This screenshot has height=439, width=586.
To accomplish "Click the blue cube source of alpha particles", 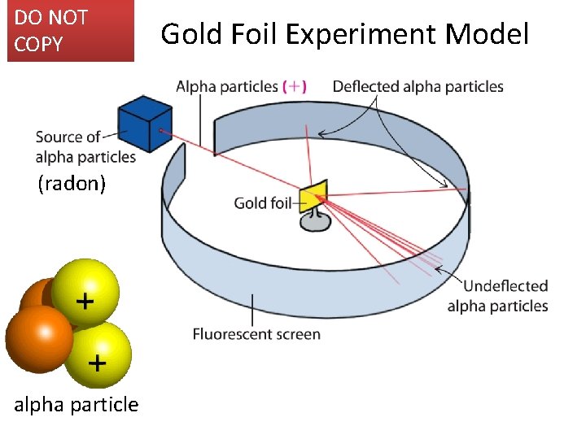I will point(145,124).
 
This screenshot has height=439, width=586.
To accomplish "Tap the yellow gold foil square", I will point(313,197).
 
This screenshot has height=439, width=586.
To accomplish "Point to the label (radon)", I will point(72,184).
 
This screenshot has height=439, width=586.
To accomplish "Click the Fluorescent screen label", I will point(256,333).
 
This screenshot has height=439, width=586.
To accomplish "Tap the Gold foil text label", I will point(262,202).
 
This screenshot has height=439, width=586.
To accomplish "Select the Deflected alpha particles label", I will point(418,86).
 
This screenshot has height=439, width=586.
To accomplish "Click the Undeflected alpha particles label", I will point(497,296).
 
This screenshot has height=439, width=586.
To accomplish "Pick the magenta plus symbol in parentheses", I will point(294,86).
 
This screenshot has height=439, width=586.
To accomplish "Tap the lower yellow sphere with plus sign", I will point(97,354).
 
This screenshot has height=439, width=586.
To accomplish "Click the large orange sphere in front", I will point(39,338).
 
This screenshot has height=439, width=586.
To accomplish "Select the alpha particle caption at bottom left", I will point(77,404).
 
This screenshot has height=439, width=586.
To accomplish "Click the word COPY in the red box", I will point(38,45).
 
